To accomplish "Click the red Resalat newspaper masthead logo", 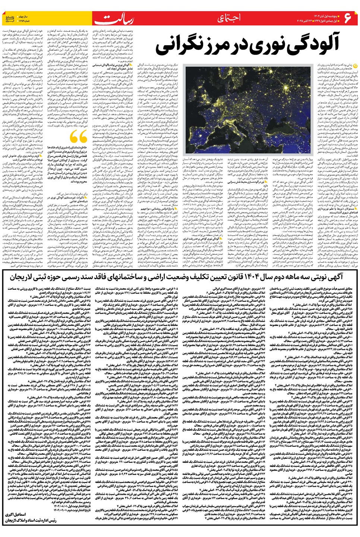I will pos(114,19).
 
